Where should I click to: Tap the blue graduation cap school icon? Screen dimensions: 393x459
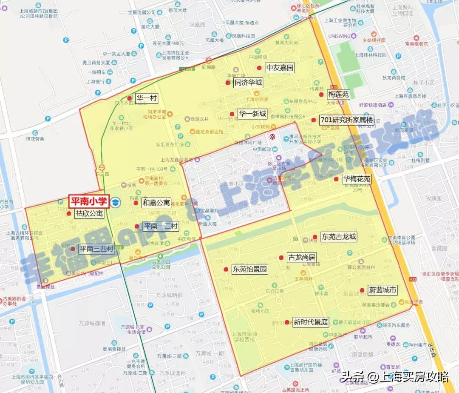click(x=116, y=202)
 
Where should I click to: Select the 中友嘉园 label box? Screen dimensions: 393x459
click(x=280, y=68)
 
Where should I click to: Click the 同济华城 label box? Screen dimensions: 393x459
click(x=248, y=83)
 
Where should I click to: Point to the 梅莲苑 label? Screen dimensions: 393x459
click(x=339, y=94)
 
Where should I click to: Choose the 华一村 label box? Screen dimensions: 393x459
click(x=147, y=98)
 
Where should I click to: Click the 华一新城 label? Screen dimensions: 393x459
click(x=252, y=114)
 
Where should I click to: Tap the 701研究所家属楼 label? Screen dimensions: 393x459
click(x=346, y=120)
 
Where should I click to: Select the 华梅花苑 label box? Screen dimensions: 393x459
click(x=357, y=179)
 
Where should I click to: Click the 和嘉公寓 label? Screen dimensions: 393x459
click(x=156, y=203)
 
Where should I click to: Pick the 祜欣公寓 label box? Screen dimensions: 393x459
click(x=89, y=214)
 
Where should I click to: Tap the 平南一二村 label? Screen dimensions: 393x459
click(x=160, y=227)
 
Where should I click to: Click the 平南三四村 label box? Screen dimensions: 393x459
click(x=96, y=249)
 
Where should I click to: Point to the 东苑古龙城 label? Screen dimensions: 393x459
click(x=339, y=237)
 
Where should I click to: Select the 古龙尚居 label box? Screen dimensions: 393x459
click(x=302, y=258)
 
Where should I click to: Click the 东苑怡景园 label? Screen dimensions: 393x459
click(x=249, y=269)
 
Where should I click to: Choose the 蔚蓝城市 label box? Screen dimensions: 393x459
click(x=382, y=290)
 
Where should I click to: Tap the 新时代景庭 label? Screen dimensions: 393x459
click(x=311, y=322)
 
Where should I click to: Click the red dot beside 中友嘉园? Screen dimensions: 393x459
click(x=259, y=68)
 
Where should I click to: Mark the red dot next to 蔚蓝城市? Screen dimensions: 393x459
click(x=362, y=290)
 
